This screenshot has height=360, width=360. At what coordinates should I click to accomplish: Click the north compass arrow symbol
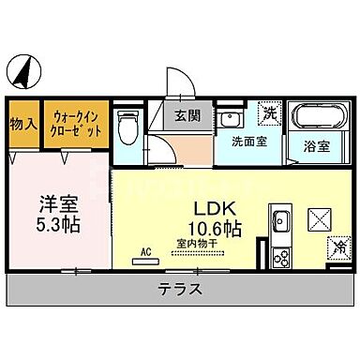[22, 69]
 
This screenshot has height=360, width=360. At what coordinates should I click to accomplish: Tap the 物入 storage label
[23, 123]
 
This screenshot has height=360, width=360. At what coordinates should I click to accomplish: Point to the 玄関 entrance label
[187, 116]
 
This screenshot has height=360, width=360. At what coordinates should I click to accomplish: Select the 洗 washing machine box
[269, 113]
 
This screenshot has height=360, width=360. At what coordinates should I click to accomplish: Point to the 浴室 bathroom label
[316, 147]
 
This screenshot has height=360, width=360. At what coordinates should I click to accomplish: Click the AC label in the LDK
[145, 251]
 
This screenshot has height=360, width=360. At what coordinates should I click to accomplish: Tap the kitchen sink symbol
[279, 223]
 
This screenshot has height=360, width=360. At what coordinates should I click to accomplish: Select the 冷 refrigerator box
[338, 248]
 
